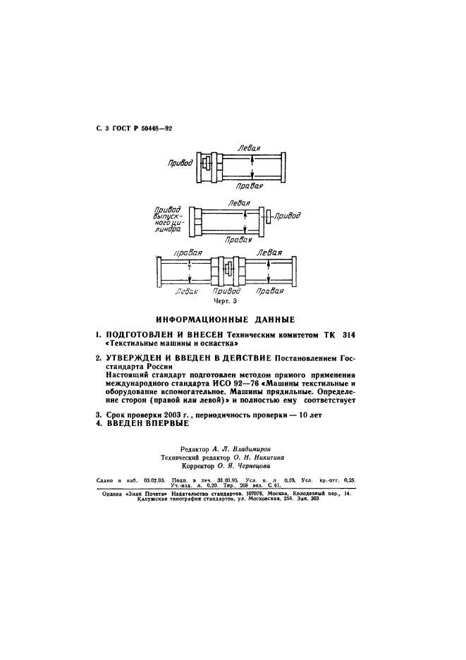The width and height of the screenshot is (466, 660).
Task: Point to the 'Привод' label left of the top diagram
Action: coord(180,163)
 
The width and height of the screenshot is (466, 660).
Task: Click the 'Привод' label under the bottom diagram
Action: coord(226,290)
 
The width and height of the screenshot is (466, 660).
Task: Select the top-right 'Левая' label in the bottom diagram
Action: coord(271,252)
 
